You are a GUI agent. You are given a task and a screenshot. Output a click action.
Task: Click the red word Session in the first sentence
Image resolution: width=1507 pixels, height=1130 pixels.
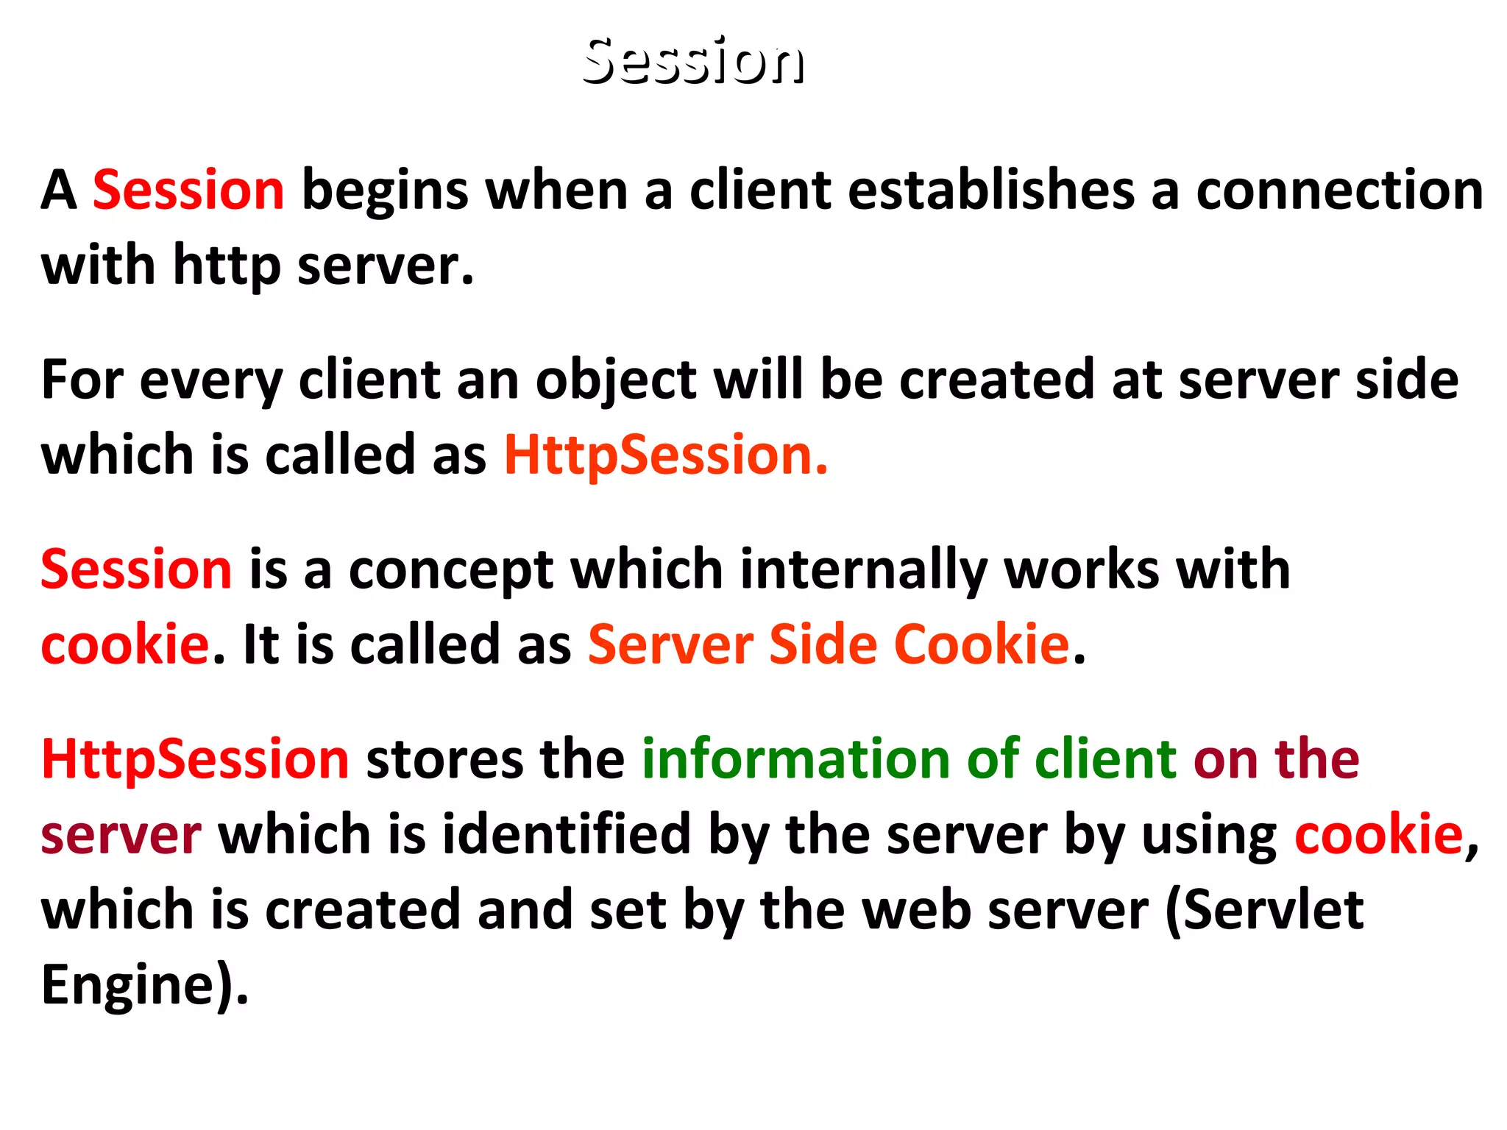(x=188, y=191)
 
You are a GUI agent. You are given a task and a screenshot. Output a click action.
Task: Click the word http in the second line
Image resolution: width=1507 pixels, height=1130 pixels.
(x=227, y=266)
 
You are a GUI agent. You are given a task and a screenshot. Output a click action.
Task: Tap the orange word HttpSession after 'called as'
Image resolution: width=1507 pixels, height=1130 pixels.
(x=665, y=455)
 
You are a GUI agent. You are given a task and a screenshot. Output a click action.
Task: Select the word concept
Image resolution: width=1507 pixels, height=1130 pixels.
(x=450, y=571)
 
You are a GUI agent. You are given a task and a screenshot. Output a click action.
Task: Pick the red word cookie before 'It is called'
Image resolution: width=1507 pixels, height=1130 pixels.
(x=125, y=645)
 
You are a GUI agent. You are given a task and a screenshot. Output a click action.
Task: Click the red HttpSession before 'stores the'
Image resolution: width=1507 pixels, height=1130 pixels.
(x=195, y=759)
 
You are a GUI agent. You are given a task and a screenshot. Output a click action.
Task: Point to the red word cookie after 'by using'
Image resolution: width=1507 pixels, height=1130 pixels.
(x=1378, y=835)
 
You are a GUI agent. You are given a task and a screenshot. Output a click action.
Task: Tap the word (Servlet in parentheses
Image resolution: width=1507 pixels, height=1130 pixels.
(x=1264, y=911)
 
